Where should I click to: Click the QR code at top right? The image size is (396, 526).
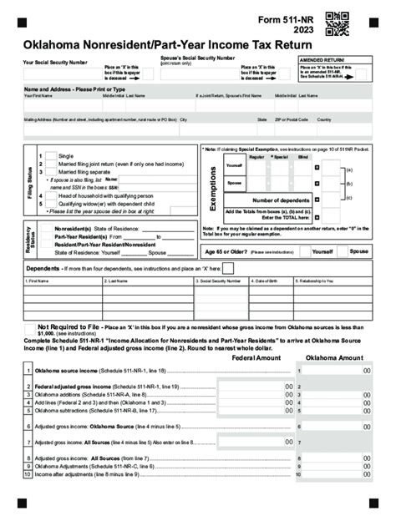pos(337,24)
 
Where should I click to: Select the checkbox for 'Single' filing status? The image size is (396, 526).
pos(50,156)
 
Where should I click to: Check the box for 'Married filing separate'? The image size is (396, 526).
pos(50,173)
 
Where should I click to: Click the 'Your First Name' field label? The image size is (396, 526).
pos(39,97)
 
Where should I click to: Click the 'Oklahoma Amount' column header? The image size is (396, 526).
pos(334,357)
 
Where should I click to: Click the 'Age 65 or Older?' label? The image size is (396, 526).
pos(222,250)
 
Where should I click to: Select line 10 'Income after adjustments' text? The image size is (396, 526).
pos(84,473)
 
